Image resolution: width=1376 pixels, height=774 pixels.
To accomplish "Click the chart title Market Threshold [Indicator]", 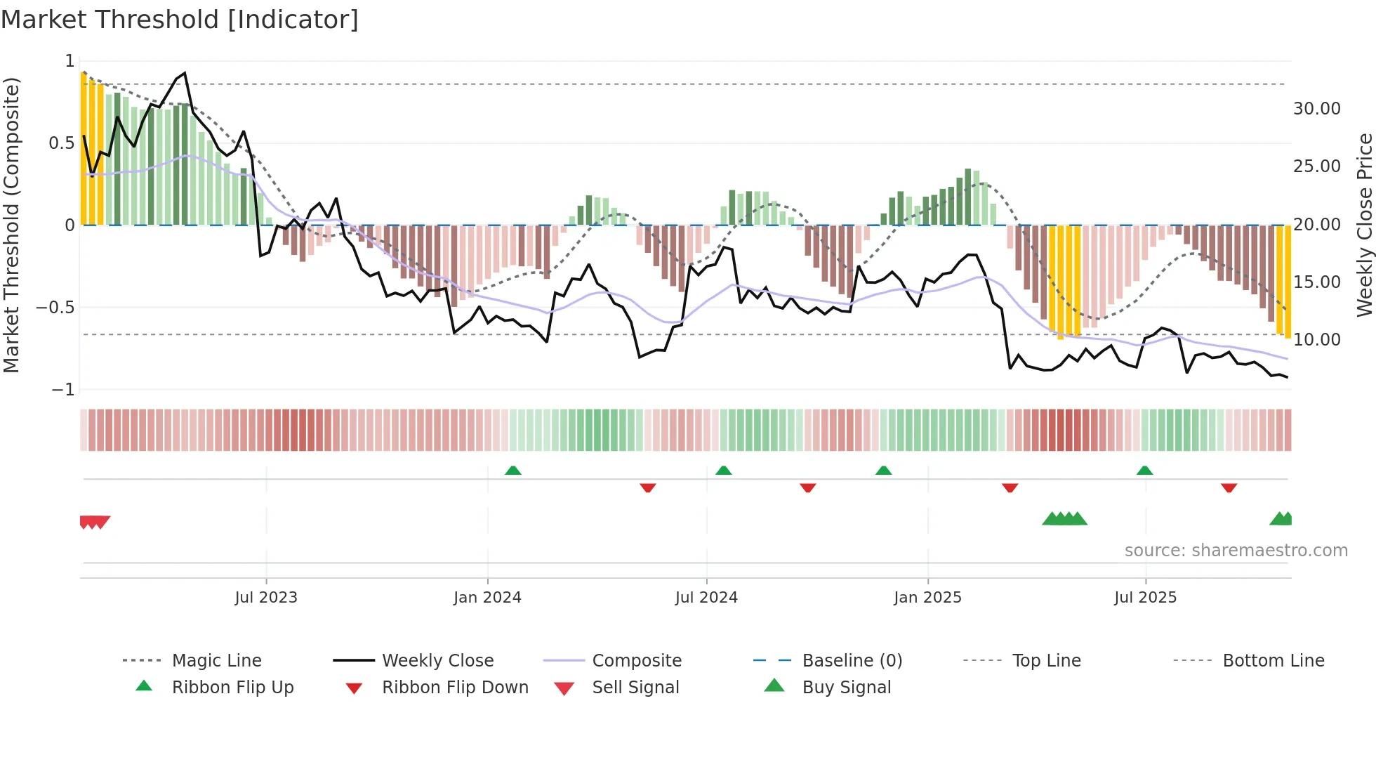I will coord(180,20).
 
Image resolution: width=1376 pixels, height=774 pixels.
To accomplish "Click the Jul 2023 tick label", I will coord(266,598).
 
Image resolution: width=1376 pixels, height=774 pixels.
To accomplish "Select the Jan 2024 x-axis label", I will coord(487,598).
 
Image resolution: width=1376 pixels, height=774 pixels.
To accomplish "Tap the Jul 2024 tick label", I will coord(706,598).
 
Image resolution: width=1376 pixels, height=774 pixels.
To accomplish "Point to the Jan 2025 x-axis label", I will coord(927,598).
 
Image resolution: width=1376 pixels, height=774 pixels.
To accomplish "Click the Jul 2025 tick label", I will coord(1145,598).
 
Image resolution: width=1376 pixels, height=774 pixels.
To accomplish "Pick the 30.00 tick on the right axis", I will coord(1316,109).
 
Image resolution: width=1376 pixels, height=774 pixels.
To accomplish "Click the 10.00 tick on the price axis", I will coord(1316,340).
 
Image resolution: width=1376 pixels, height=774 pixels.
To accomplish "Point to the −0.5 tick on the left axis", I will coord(55,308).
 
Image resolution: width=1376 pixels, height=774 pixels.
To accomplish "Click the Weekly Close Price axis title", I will coord(1364,225).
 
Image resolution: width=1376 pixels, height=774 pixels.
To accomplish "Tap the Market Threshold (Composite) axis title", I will coord(11,225).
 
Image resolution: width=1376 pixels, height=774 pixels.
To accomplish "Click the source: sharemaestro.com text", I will coord(1236,551).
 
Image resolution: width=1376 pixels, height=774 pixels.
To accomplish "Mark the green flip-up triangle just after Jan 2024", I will coord(513,471).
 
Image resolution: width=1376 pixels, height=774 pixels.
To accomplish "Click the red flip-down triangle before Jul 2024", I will coord(648,487).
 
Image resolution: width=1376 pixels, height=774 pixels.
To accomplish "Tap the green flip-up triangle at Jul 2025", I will coord(1144,471).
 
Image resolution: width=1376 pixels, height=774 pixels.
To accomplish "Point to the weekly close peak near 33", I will coord(185,73).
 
